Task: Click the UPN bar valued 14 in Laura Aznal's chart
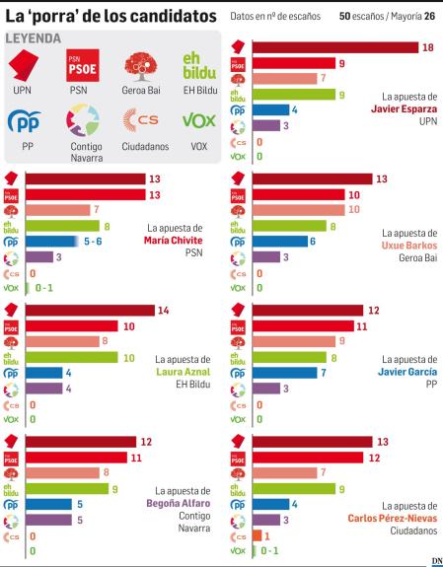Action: (89, 310)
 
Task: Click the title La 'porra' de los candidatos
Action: (111, 16)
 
